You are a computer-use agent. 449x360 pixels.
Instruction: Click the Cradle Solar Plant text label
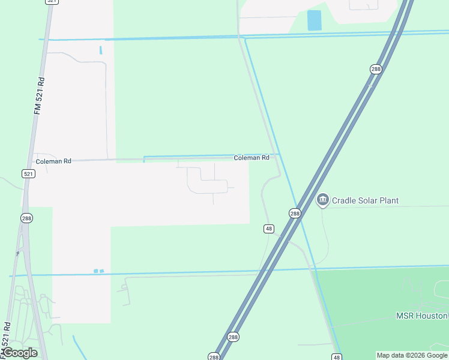pyautogui.click(x=365, y=200)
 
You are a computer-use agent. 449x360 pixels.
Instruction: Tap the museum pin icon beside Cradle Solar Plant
pyautogui.click(x=322, y=200)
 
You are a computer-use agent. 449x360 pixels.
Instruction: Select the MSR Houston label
pyautogui.click(x=421, y=316)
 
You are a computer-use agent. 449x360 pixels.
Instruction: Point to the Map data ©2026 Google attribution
pyautogui.click(x=412, y=355)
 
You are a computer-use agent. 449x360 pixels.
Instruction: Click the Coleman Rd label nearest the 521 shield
pyautogui.click(x=53, y=161)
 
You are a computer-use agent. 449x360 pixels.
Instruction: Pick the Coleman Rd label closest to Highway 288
pyautogui.click(x=252, y=158)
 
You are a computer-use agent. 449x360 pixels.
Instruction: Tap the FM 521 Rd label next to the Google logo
pyautogui.click(x=7, y=338)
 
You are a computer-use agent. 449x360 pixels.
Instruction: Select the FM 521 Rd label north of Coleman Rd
pyautogui.click(x=40, y=95)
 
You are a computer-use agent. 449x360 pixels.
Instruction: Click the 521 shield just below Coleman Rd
pyautogui.click(x=28, y=173)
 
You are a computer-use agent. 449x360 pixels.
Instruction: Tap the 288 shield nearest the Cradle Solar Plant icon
pyautogui.click(x=295, y=214)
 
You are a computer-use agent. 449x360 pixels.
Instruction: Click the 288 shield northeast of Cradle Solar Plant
pyautogui.click(x=376, y=70)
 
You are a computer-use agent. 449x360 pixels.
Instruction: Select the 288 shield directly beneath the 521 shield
pyautogui.click(x=26, y=217)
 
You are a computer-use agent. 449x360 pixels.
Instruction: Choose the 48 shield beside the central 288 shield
pyautogui.click(x=269, y=229)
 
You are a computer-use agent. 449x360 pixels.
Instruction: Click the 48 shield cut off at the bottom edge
pyautogui.click(x=336, y=357)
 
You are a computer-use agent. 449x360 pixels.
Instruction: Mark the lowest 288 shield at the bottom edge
pyautogui.click(x=214, y=356)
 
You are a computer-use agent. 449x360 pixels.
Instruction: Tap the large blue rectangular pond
pyautogui.click(x=314, y=20)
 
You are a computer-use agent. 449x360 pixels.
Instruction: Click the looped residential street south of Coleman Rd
pyautogui.click(x=208, y=180)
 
